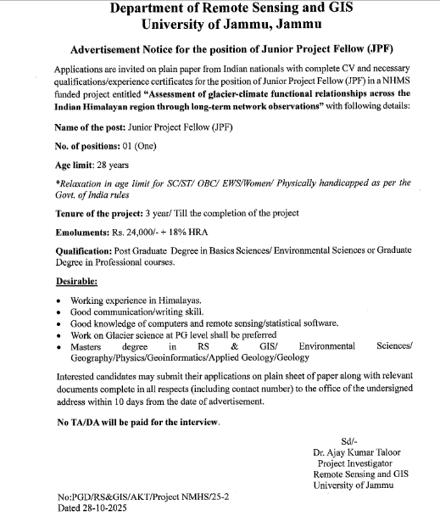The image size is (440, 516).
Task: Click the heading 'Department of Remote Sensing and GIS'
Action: tap(219, 9)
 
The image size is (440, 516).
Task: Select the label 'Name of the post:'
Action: tap(90, 127)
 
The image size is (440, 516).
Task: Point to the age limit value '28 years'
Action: tap(124, 165)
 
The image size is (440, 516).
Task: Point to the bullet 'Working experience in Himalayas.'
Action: tap(136, 301)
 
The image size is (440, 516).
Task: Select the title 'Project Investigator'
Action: tap(355, 464)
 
